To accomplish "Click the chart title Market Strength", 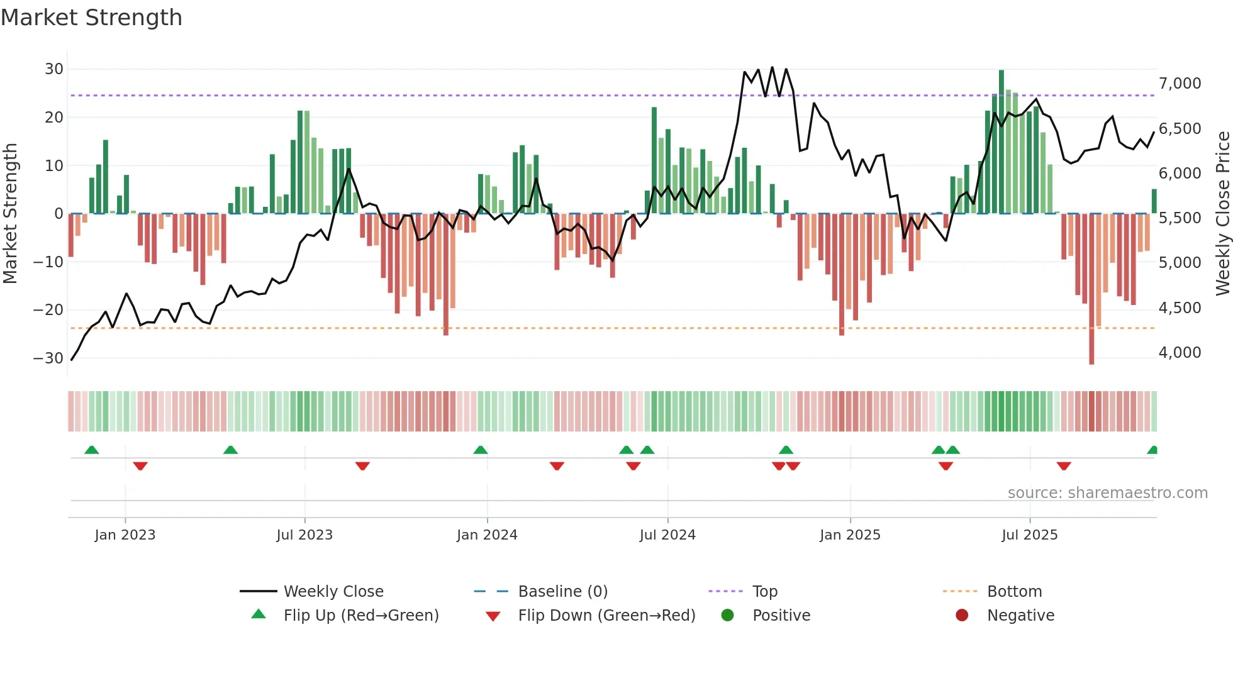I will point(91,18).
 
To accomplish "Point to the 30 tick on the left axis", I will point(54,69).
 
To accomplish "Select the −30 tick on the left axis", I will point(49,358).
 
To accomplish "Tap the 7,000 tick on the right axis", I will point(1180,84).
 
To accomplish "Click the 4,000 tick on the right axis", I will point(1180,353).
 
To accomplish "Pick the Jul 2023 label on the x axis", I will point(304,535).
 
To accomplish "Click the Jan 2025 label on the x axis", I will point(850,535).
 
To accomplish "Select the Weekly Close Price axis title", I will point(1222,213).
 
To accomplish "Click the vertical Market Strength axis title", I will point(10,213).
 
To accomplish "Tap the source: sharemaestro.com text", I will point(1107,493).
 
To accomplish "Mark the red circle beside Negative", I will point(962,616).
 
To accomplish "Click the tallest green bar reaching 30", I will point(1001,141).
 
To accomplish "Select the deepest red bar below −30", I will point(1091,289).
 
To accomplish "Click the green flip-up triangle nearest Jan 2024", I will point(481,450).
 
